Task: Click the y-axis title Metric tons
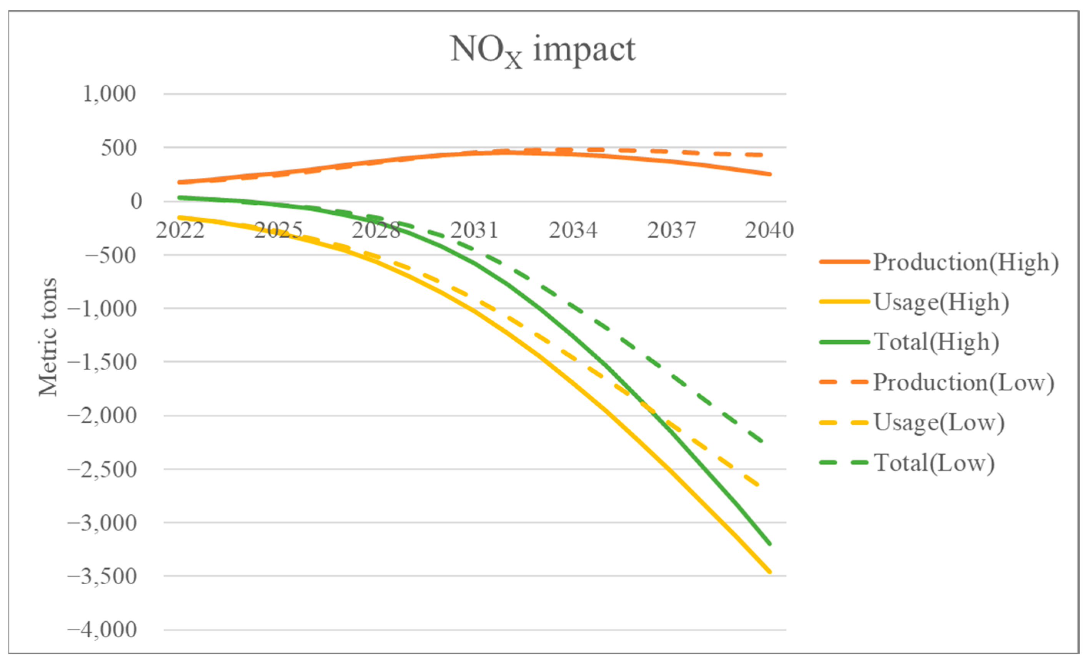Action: coord(48,337)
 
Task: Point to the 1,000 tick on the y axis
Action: coord(109,94)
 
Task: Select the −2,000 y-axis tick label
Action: coord(102,415)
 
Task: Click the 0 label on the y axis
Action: coord(136,202)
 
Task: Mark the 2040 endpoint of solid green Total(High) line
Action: coord(770,544)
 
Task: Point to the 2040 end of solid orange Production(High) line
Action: coord(770,174)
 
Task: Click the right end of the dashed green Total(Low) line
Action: coord(761,441)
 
